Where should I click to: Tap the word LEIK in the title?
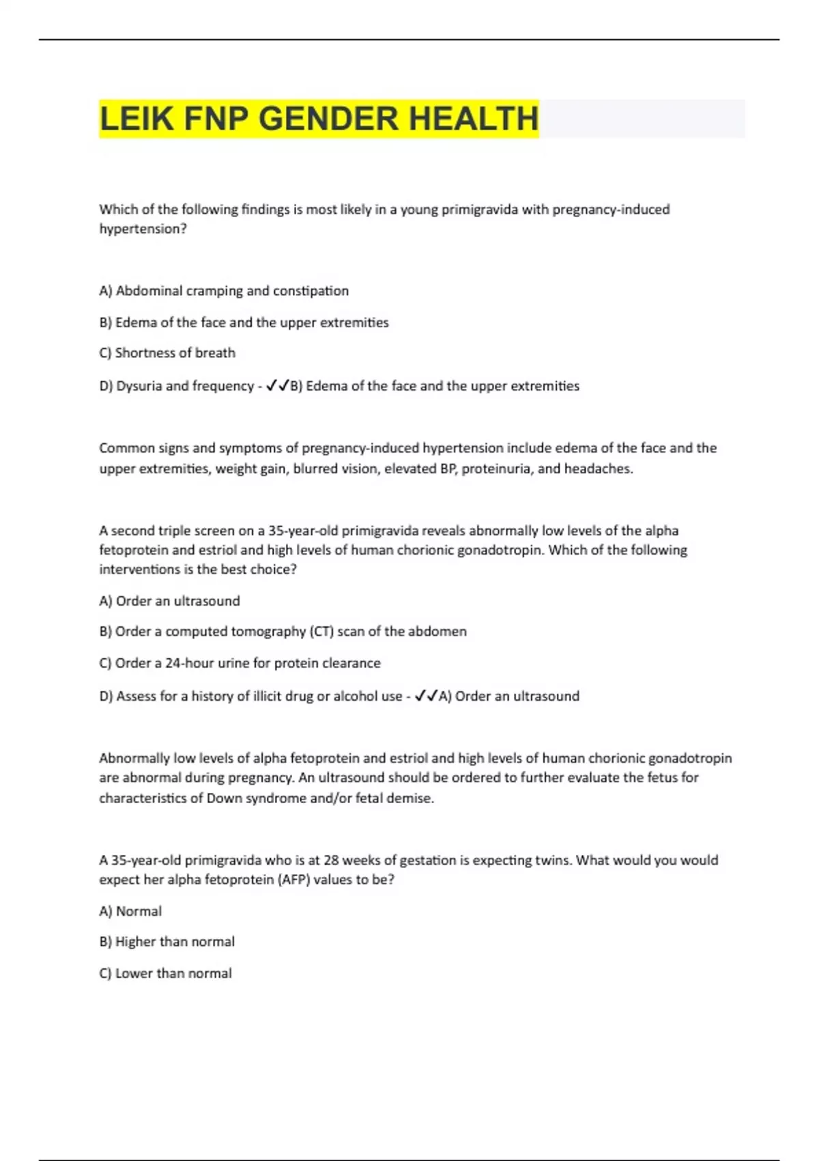coord(136,119)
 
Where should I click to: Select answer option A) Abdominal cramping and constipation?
coord(224,291)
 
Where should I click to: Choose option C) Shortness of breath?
coord(167,353)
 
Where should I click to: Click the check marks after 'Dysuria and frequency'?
coord(277,386)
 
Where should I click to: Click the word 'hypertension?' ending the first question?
coord(143,229)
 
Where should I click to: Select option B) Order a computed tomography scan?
coord(283,632)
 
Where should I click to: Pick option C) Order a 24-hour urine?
coord(240,663)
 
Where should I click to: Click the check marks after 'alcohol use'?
coord(426,696)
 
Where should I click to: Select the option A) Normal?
coord(130,911)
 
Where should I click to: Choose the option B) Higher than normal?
coord(167,942)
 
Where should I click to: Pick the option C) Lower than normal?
coord(165,973)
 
